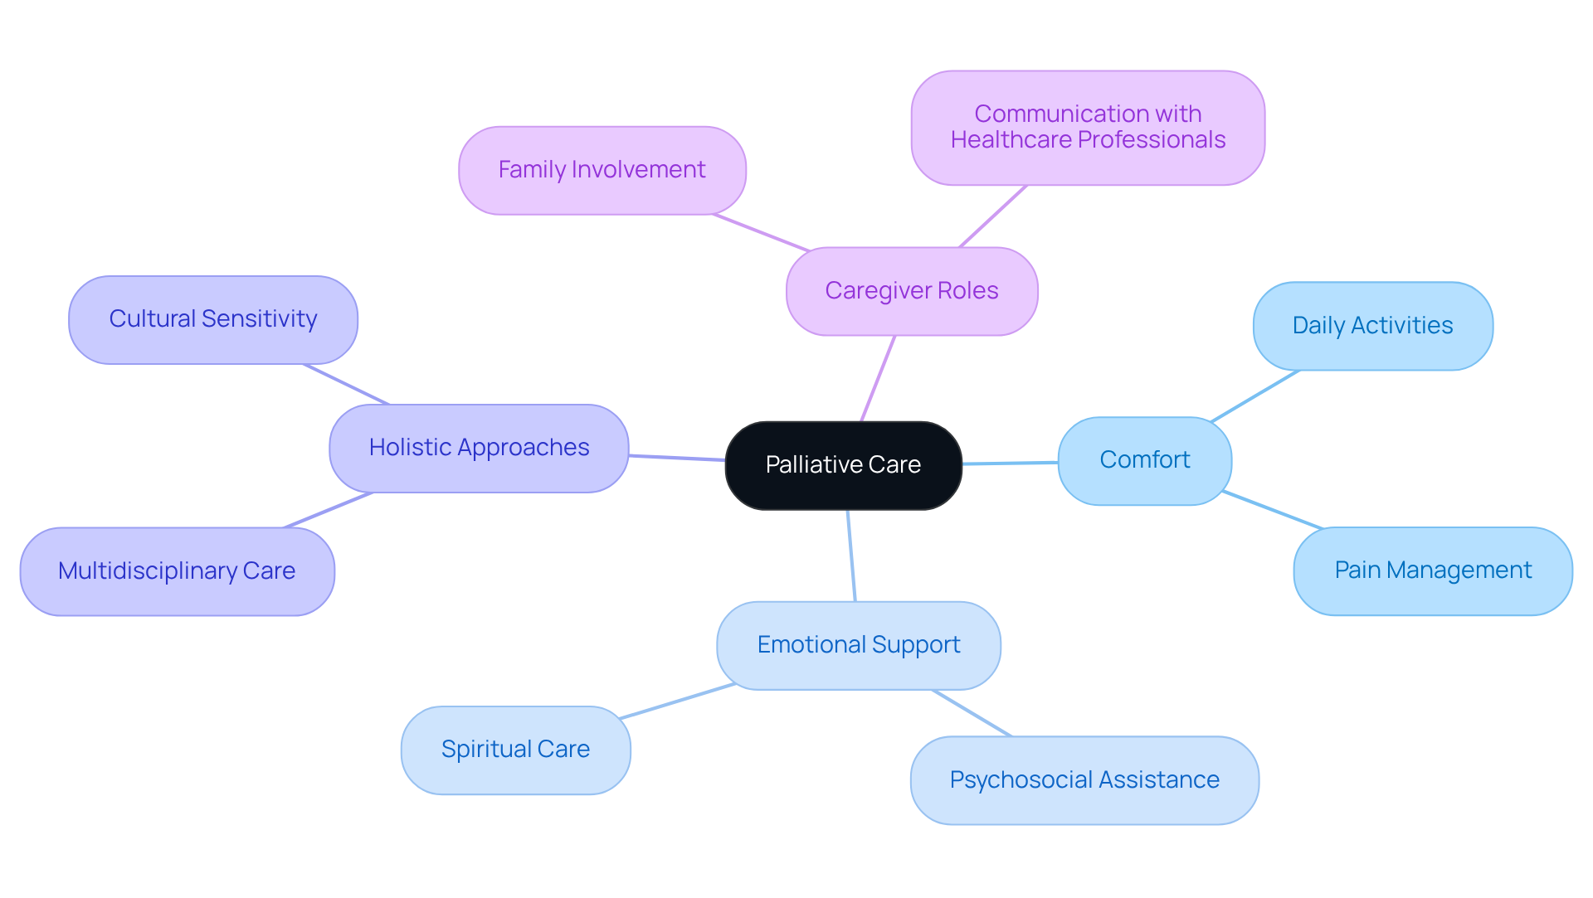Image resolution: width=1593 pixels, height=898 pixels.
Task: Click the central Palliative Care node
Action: coord(843,465)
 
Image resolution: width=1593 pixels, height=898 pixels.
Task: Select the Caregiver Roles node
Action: coord(911,291)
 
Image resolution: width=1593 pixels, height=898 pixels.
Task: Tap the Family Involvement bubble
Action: coord(602,170)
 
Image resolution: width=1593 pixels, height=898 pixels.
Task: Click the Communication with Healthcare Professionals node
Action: coord(1087,127)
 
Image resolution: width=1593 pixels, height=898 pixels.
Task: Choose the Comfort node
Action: coord(1144,460)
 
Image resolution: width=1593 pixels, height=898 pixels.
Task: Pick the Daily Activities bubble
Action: coord(1372,326)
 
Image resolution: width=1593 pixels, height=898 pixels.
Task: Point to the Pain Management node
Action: coord(1432,570)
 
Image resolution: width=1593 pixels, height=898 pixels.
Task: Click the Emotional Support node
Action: coord(858,645)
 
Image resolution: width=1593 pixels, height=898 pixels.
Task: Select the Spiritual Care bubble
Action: coord(515,750)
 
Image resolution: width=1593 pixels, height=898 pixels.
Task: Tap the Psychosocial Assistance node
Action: coord(1084,780)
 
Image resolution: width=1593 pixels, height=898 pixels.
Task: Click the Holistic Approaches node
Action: coord(479,448)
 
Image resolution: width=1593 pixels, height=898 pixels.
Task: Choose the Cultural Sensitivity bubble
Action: coord(212,319)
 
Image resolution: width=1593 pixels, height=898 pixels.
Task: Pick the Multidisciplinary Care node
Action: coord(177,571)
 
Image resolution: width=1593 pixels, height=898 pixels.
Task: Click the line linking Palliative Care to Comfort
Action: coord(1010,463)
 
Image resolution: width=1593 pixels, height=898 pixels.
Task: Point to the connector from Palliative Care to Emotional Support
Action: coord(851,556)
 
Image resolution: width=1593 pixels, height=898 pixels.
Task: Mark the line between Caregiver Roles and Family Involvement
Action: coord(761,232)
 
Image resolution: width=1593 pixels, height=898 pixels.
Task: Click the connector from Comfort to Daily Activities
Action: coord(1254,396)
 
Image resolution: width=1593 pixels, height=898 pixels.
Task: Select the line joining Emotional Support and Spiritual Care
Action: coord(677,701)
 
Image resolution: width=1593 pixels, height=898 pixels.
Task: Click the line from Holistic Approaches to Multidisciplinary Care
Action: coord(329,510)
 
